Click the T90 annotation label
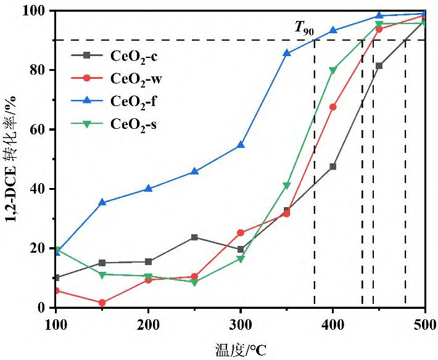pos(304,28)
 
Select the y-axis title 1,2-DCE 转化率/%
pos(14,158)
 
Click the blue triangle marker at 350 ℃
pos(287,53)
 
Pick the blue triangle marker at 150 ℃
pos(102,202)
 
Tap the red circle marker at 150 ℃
pos(102,303)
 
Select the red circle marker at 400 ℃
pos(333,107)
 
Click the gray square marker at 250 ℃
pos(195,237)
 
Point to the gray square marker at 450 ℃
pos(379,65)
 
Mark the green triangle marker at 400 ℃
pos(333,70)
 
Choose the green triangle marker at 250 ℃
pos(195,282)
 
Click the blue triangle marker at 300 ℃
pos(241,145)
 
